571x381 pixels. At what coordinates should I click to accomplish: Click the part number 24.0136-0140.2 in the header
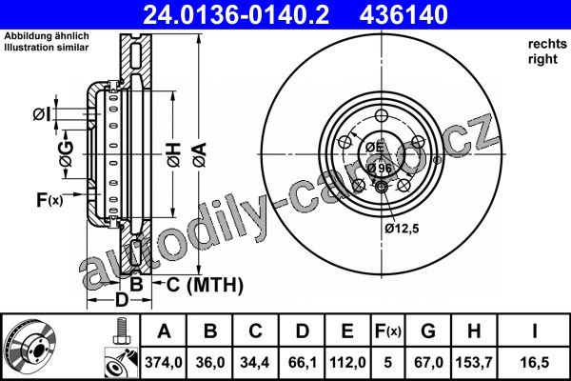(x=236, y=15)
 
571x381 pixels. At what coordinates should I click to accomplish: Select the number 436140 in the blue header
(x=404, y=15)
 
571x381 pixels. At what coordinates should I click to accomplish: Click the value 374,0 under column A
(x=164, y=362)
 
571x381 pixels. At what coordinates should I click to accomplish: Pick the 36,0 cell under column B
(x=210, y=362)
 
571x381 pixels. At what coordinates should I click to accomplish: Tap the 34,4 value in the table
(x=254, y=362)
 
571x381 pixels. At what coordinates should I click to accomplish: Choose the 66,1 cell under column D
(x=303, y=362)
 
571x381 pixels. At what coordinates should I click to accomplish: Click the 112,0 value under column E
(x=347, y=362)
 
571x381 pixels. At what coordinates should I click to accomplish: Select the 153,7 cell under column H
(x=474, y=362)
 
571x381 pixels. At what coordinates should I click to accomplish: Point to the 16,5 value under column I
(x=535, y=362)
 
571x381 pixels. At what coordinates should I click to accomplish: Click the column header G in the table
(x=428, y=331)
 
